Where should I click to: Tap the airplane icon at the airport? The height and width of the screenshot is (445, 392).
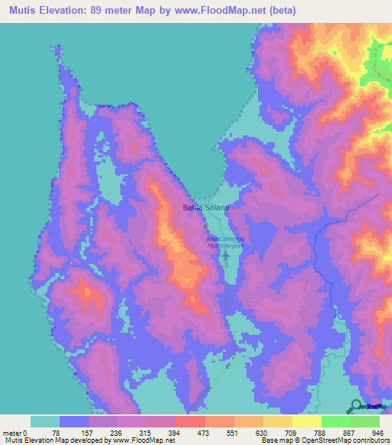point(225,255)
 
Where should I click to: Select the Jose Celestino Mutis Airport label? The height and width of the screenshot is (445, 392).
point(224,242)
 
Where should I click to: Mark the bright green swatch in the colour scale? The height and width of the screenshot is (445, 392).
point(335,421)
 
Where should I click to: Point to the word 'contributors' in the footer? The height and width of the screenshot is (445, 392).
point(368,440)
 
